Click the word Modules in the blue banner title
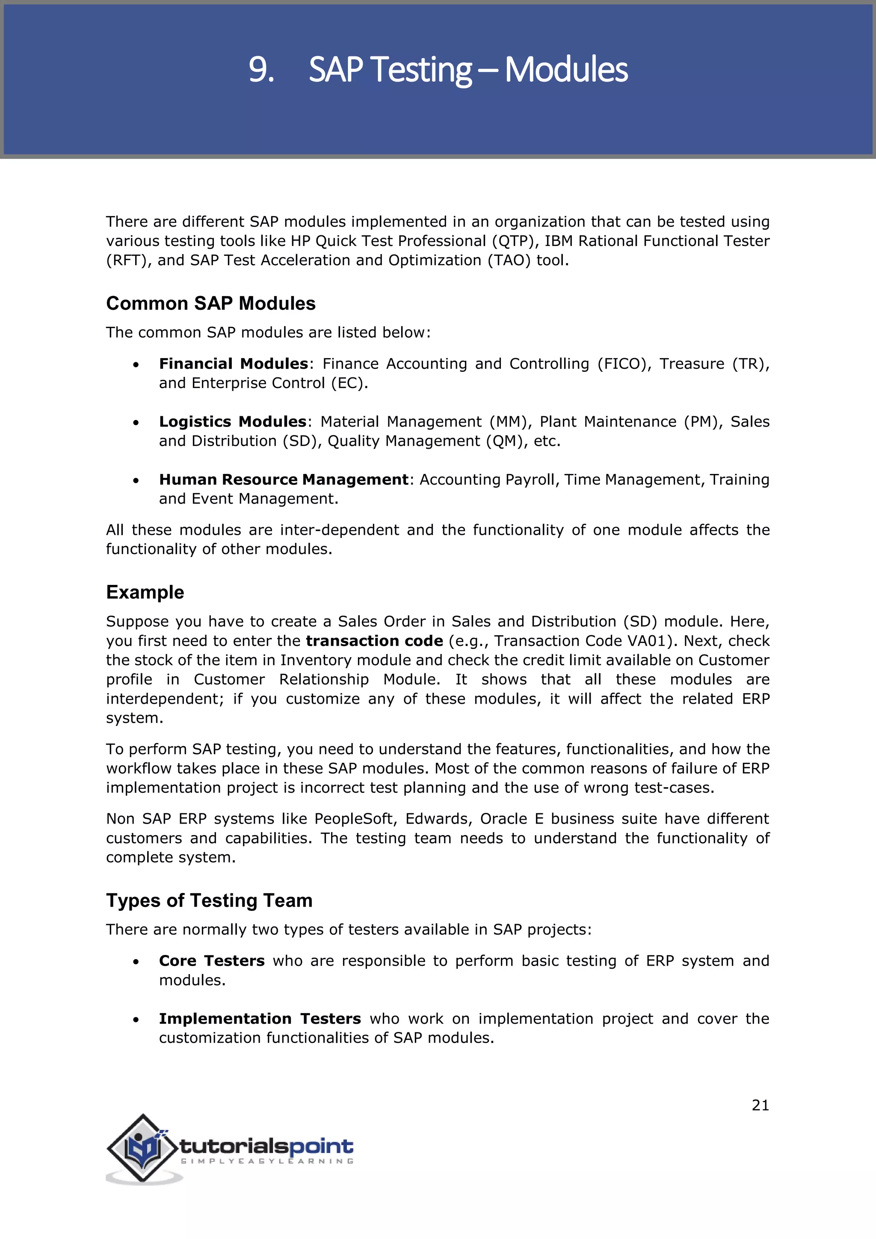[x=566, y=70]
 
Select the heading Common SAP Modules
[x=210, y=303]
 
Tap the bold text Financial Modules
[x=233, y=364]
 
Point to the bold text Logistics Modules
[x=233, y=421]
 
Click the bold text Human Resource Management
[x=284, y=479]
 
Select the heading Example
[x=145, y=592]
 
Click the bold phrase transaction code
[x=374, y=640]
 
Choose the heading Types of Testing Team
[x=209, y=900]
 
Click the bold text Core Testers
[x=211, y=960]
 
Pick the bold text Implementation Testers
[x=260, y=1018]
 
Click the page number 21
[x=760, y=1105]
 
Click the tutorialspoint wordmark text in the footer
[x=266, y=1146]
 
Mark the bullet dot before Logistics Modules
[x=136, y=423]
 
